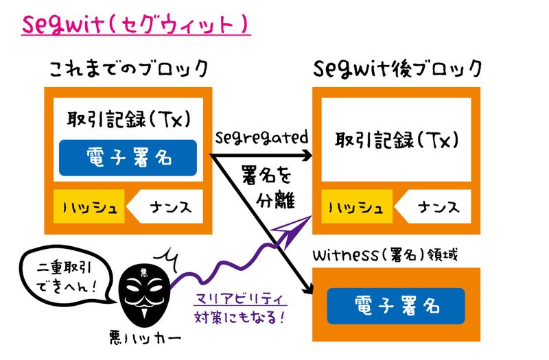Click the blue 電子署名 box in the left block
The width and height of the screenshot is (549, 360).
[128, 158]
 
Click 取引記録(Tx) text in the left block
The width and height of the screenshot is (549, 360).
[128, 117]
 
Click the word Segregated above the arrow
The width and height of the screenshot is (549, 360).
[261, 136]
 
